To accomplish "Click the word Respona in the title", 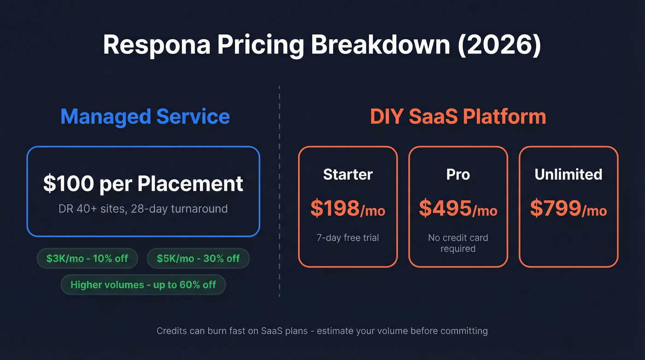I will click(156, 45).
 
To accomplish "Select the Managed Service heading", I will click(145, 116).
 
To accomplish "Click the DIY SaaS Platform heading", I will click(458, 116).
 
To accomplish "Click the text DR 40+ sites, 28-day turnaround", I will click(143, 209).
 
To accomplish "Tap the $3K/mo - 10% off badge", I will click(87, 259).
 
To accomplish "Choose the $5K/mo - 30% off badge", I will click(198, 259).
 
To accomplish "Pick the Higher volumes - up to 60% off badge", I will click(143, 285).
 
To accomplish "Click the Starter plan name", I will click(348, 174).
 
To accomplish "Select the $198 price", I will click(334, 208).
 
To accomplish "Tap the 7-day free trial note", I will click(348, 238).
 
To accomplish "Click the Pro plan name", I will click(458, 174).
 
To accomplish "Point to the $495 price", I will click(445, 208).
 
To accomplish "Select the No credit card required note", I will click(458, 243).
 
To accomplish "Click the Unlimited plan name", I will click(568, 174).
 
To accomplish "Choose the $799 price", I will click(555, 208).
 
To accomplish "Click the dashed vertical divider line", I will click(279, 184).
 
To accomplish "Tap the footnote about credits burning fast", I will click(322, 331).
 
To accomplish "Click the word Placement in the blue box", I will click(190, 183).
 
